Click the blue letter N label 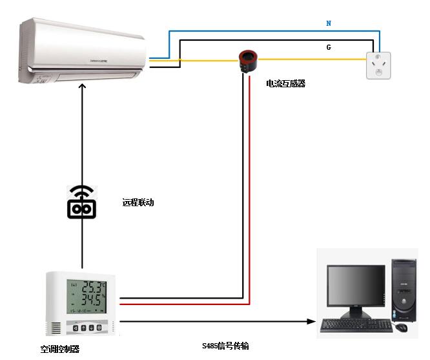[329, 23]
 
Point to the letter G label [329, 47]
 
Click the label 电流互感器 [285, 83]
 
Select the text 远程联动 [138, 202]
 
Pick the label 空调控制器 [59, 349]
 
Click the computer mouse [402, 328]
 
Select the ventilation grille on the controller [57, 327]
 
